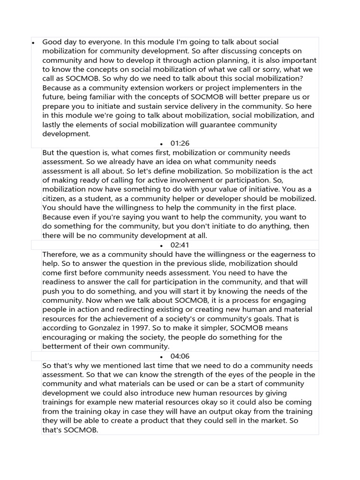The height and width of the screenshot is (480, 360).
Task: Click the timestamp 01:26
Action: [x=180, y=143]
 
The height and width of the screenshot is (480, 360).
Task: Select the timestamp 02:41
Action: [x=180, y=245]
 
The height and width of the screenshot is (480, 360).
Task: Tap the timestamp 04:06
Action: [x=180, y=356]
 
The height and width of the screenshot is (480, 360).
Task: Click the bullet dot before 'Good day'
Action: [x=34, y=43]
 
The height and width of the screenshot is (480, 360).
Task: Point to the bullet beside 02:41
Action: [x=161, y=246]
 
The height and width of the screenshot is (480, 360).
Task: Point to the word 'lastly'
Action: [x=52, y=125]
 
